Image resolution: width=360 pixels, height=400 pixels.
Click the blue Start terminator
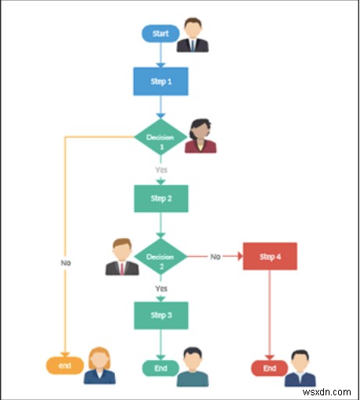[x=159, y=33]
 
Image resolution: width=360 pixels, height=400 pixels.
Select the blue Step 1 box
[x=160, y=81]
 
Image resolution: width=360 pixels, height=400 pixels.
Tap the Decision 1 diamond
[x=161, y=139]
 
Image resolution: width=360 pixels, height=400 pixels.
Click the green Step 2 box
[x=160, y=198]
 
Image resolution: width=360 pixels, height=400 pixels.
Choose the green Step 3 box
[x=160, y=315]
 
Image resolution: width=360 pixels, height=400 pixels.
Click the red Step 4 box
[x=269, y=256]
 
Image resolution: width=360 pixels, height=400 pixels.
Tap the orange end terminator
[x=65, y=365]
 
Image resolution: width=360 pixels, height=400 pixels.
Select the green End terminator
[x=160, y=368]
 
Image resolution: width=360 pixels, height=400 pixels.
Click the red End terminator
[x=269, y=368]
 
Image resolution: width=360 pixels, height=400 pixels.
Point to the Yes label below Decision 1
[x=160, y=168]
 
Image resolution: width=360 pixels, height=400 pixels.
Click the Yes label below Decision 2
[x=160, y=287]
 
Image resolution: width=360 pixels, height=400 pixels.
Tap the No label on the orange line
[x=66, y=263]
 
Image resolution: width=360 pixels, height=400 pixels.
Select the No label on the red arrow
[x=214, y=256]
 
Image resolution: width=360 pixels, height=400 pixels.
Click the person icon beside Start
[x=193, y=35]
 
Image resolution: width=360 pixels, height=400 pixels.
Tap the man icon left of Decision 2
[x=121, y=257]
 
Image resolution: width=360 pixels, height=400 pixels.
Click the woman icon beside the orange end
[x=100, y=365]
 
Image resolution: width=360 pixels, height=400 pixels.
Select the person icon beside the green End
[x=193, y=367]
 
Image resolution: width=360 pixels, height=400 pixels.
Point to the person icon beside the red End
[x=301, y=368]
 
